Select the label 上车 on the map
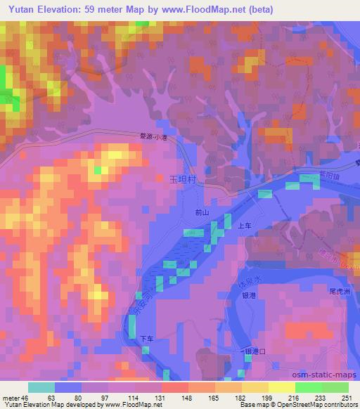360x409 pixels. coord(245,226)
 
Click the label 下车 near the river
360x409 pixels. coord(146,339)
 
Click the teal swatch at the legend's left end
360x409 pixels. coord(41,387)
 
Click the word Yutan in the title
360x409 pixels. coord(22,9)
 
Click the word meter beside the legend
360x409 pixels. coord(11,397)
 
